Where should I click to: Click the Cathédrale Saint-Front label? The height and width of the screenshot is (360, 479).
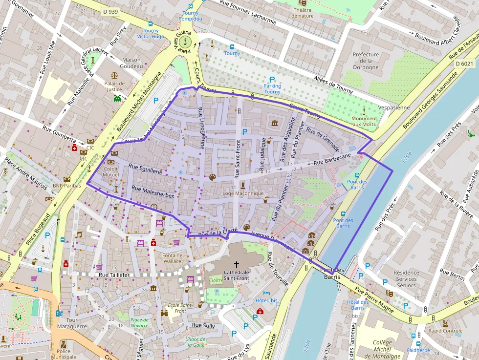point(236,275)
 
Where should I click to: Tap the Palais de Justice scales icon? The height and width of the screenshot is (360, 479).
point(114,76)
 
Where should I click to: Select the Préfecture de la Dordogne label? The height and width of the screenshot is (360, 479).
point(366,61)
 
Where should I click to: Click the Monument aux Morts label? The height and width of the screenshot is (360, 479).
point(364,121)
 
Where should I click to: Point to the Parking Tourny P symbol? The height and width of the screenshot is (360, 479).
point(272,79)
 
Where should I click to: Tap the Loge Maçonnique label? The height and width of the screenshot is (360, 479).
point(243,193)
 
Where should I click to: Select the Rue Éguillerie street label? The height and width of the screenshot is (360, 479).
point(145,169)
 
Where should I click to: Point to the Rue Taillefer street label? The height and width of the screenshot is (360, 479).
point(114,275)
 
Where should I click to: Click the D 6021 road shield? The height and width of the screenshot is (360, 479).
point(464,64)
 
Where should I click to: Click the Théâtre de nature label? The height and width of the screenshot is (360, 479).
point(303,13)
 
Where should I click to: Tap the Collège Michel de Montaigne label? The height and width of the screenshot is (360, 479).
point(382,349)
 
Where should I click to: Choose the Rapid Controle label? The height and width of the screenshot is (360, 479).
point(445,331)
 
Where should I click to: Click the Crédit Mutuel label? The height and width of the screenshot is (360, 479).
point(110,171)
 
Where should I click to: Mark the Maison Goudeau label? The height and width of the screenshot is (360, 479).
point(131,63)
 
